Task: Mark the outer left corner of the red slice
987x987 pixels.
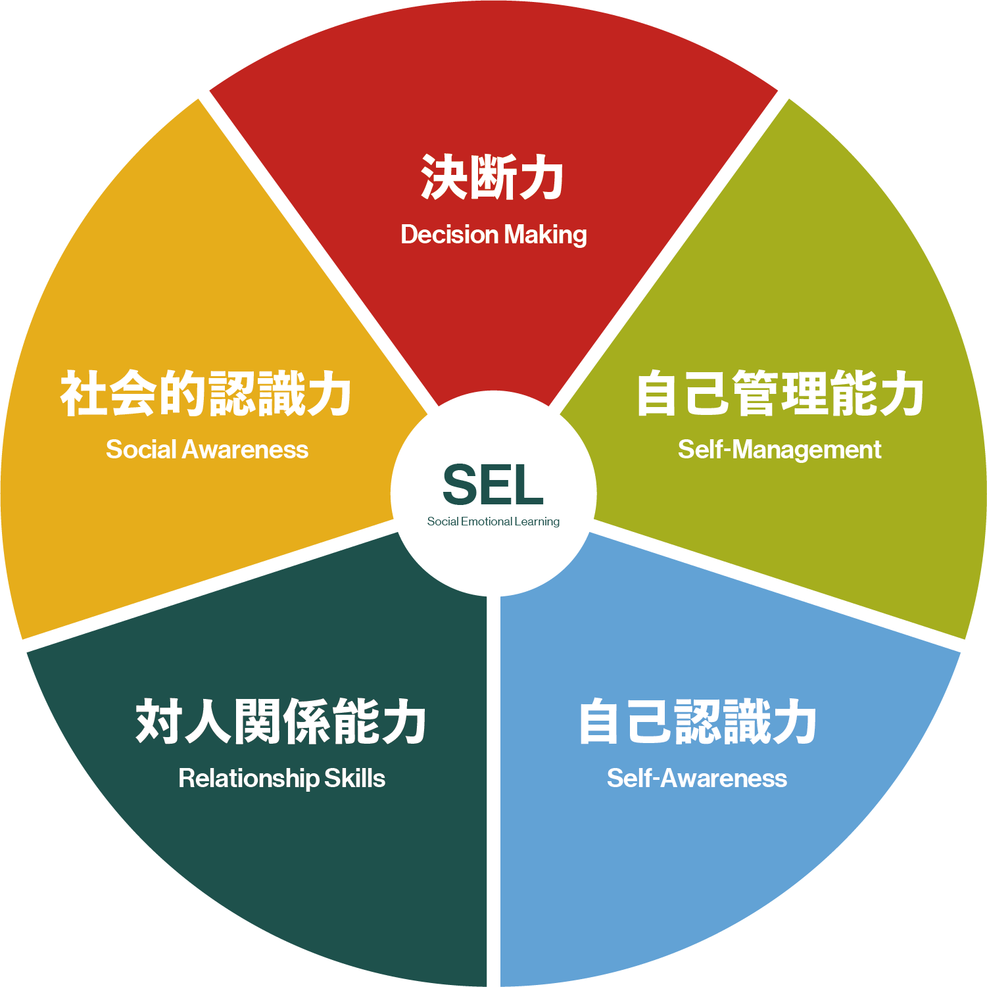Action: coord(209,90)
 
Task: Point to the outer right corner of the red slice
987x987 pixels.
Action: coord(779,90)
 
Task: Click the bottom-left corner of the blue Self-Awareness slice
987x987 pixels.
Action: coord(501,986)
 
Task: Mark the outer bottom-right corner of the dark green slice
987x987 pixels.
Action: coord(486,986)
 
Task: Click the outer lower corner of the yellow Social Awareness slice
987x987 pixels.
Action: coord(23,638)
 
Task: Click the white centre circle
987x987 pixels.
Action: coord(493,493)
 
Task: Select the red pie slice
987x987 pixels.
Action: coord(493,164)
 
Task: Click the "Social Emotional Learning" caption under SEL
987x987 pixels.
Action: coord(493,521)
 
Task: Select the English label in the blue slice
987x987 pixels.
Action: coord(696,779)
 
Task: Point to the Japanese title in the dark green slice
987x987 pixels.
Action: coord(281,722)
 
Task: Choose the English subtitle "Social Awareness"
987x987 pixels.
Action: coord(207,450)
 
